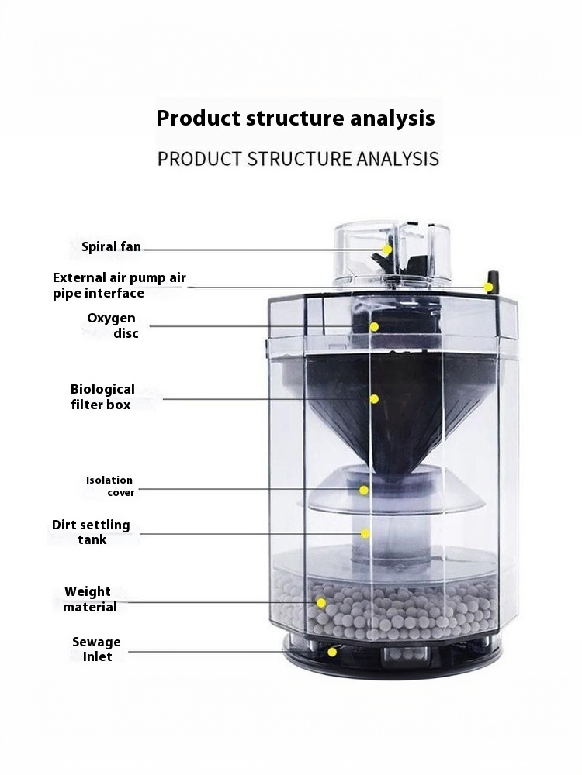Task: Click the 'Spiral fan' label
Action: tap(111, 246)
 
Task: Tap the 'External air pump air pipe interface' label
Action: tap(120, 285)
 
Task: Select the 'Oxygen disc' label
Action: tap(112, 325)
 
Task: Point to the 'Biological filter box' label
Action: tap(102, 397)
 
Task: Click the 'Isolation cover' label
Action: tap(110, 486)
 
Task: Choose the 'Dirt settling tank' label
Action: tap(91, 532)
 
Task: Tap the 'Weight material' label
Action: tap(89, 599)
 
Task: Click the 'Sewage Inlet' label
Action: tap(96, 649)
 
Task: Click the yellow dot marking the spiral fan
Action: tap(387, 250)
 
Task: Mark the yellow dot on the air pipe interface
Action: tap(488, 288)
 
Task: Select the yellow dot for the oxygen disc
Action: tap(374, 327)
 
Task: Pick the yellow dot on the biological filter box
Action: tap(374, 399)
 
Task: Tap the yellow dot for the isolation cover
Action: tap(364, 491)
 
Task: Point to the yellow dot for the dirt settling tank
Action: tap(365, 533)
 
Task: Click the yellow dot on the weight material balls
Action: tap(321, 602)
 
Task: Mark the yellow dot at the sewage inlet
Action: tap(333, 652)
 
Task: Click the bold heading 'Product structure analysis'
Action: tap(296, 118)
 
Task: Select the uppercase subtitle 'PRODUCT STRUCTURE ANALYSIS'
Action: tap(298, 159)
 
